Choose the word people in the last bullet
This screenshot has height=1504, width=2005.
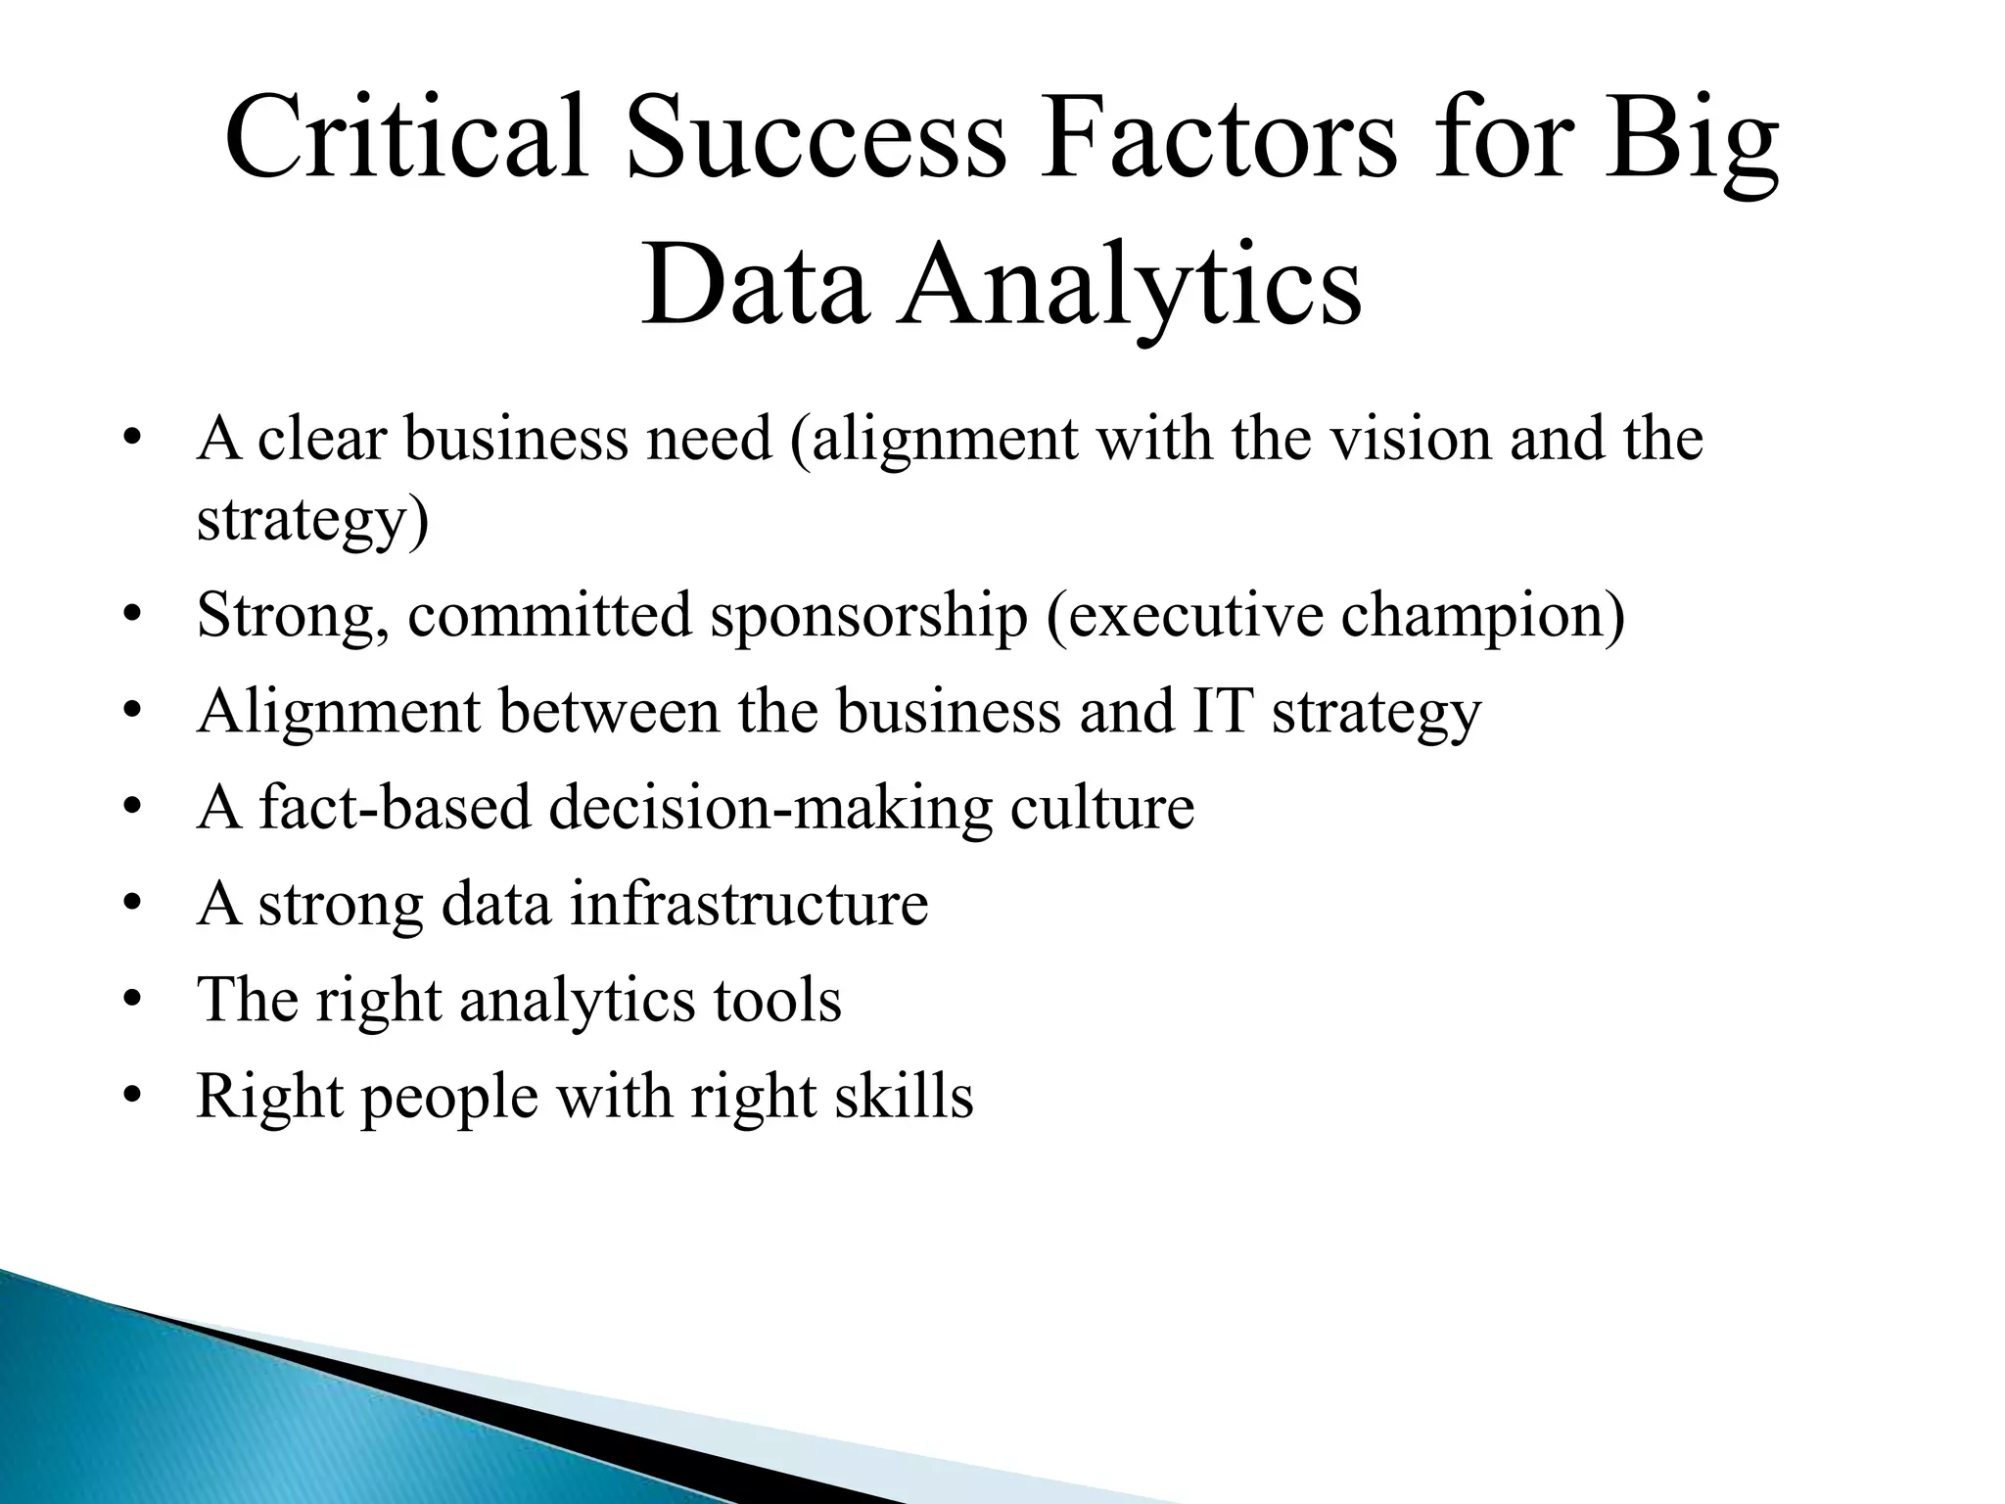449,1097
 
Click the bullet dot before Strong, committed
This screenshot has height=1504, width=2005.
134,617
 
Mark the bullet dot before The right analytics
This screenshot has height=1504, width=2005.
134,1001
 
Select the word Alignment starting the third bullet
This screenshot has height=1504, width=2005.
338,711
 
